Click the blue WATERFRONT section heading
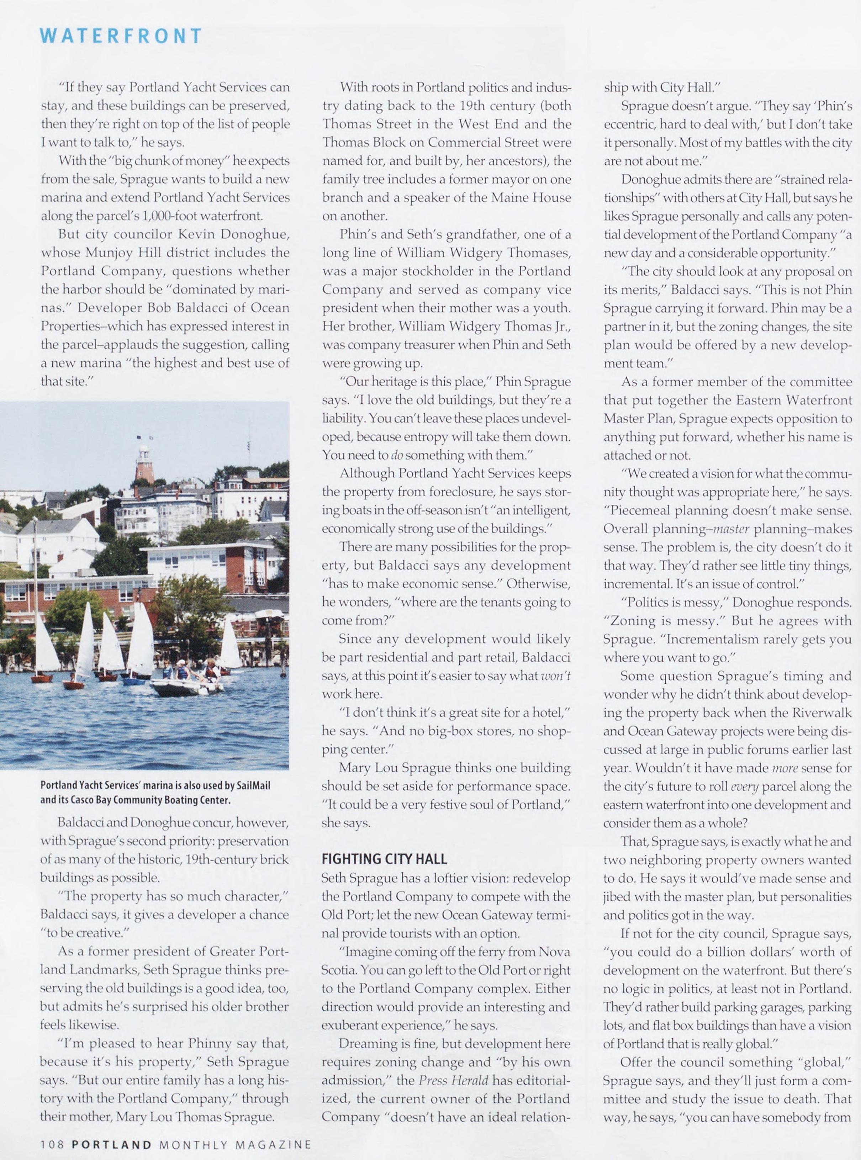click(121, 36)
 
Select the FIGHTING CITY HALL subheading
click(384, 859)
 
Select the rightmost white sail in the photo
click(230, 647)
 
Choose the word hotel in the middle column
click(554, 712)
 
